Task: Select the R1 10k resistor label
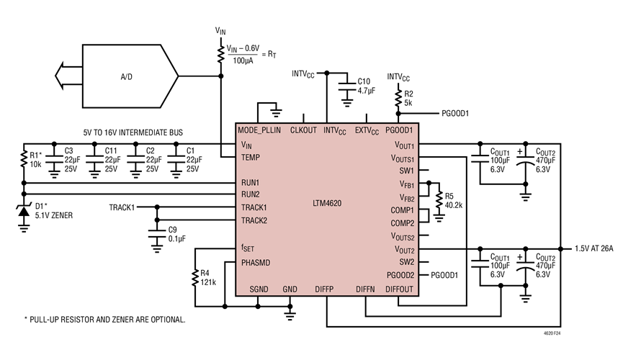tap(37, 160)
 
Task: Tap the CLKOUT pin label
tap(302, 130)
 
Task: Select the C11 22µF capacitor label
tap(111, 160)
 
